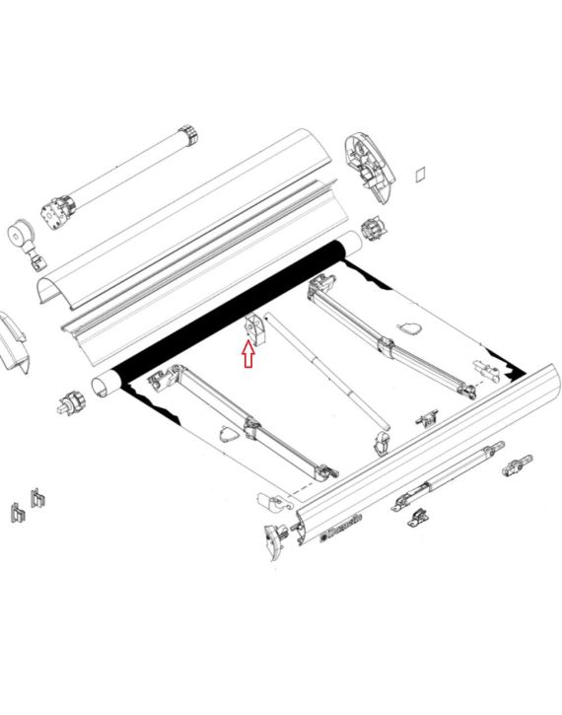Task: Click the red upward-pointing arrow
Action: (248, 353)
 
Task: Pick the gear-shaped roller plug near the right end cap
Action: (374, 230)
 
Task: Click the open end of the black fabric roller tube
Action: (104, 383)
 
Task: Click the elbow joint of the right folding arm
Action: (386, 346)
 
